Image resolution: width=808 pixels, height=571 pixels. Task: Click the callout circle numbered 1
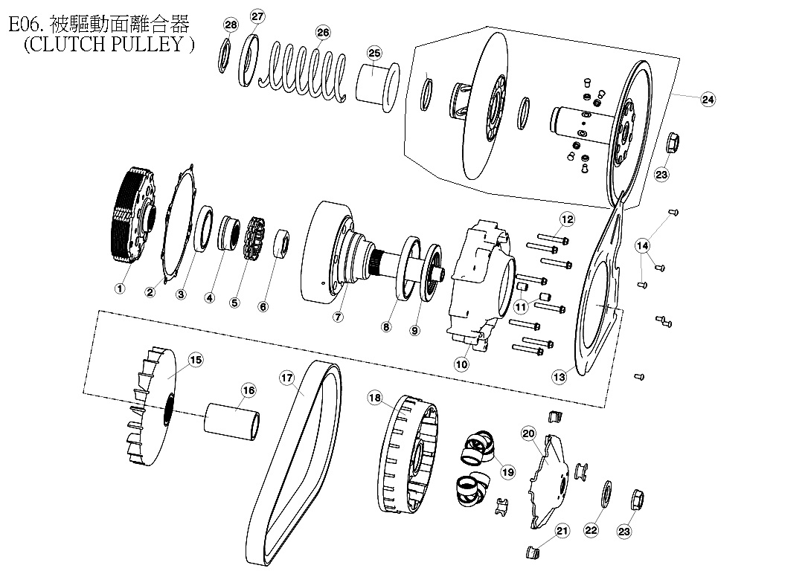(118, 287)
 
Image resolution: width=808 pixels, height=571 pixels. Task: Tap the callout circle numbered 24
(708, 99)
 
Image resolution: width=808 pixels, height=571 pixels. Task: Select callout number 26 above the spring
(322, 32)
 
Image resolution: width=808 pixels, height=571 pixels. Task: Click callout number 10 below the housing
(461, 364)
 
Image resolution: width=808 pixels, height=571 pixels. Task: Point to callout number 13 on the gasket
(559, 377)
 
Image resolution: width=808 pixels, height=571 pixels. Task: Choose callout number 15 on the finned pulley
(195, 360)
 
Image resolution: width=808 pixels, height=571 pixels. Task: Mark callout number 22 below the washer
(591, 530)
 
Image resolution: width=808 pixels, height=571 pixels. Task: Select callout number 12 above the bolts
(567, 219)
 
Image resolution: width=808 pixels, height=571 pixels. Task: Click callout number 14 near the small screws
(642, 245)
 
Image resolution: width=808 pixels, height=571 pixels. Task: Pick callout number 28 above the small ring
(231, 25)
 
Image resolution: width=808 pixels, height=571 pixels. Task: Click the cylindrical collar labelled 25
(376, 82)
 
